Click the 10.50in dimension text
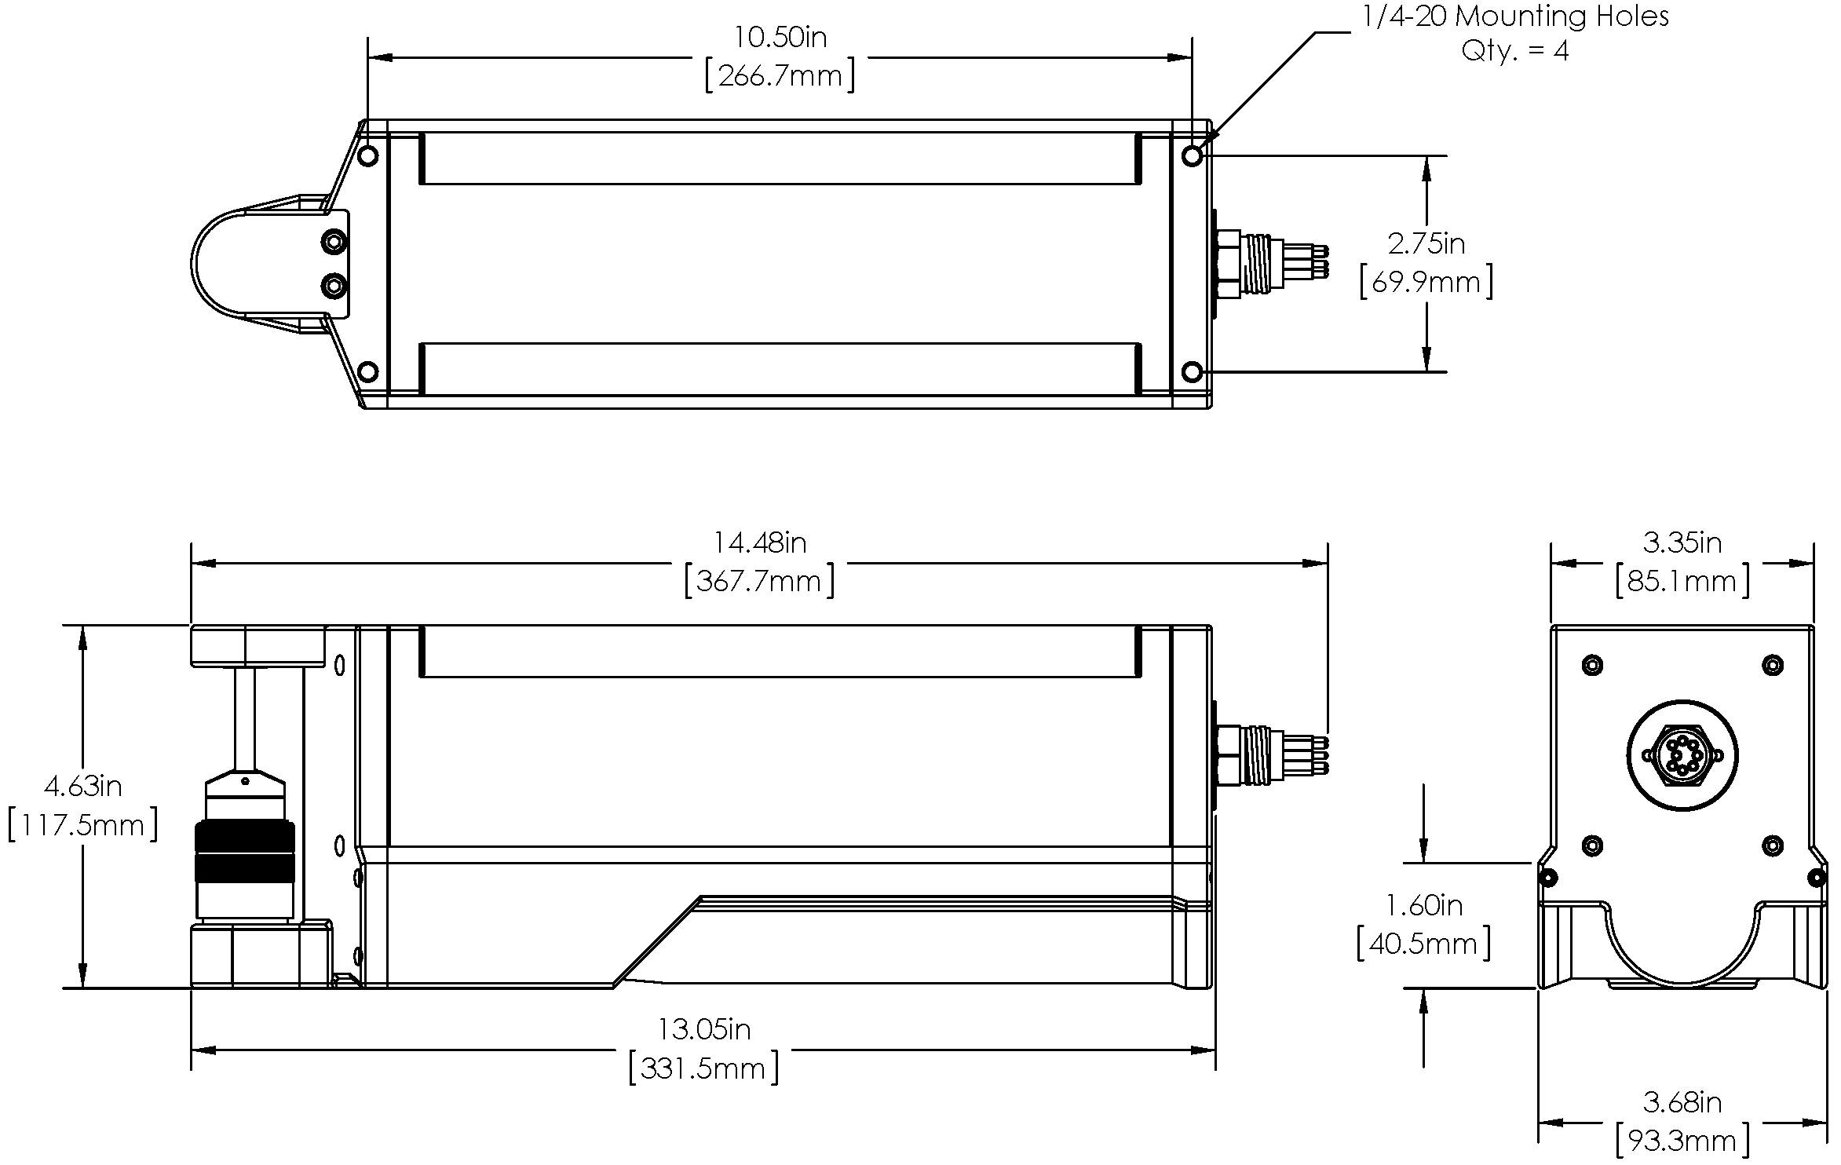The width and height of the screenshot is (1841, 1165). [x=780, y=37]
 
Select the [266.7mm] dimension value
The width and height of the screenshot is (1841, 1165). [x=780, y=77]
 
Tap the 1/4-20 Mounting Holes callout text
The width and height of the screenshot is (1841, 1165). [x=1515, y=16]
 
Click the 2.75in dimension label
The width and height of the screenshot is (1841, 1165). [x=1426, y=244]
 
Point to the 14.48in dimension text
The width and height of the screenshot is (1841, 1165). [x=759, y=542]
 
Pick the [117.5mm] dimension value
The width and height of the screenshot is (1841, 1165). [x=83, y=825]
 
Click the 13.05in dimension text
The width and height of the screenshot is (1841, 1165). [x=704, y=1029]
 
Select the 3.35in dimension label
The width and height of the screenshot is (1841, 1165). [x=1682, y=542]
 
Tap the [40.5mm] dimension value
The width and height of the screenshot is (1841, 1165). [x=1423, y=944]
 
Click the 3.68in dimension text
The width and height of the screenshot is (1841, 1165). [x=1682, y=1102]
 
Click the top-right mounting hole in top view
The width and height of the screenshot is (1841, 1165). [x=1193, y=156]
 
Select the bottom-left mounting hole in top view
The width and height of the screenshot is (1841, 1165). [x=367, y=371]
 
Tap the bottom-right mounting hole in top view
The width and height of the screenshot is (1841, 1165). [x=1193, y=371]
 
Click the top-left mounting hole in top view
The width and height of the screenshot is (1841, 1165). [x=367, y=156]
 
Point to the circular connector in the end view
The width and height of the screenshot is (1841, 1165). [x=1682, y=756]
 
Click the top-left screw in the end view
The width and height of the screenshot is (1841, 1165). [x=1591, y=665]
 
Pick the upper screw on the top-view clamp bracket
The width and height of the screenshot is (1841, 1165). [x=334, y=241]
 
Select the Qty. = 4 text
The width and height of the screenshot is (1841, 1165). [x=1515, y=52]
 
